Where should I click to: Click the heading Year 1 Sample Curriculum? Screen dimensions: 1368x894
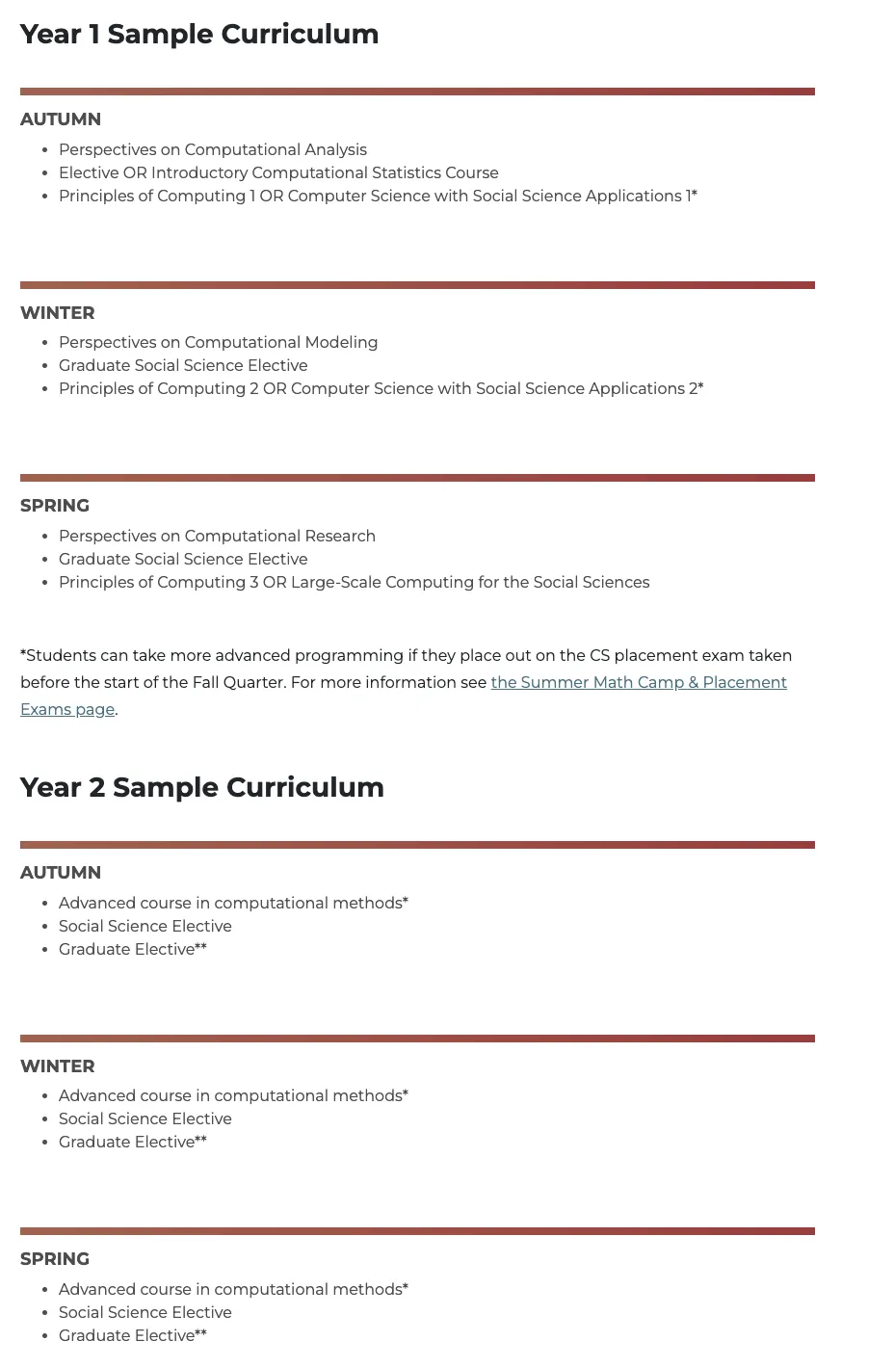point(199,34)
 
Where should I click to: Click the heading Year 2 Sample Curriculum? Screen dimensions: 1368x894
point(202,787)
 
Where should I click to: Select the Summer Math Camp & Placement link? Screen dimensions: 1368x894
point(639,682)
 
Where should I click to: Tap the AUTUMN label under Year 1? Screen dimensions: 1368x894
point(61,119)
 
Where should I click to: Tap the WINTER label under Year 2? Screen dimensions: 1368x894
point(58,1066)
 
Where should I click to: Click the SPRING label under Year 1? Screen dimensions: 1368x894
point(55,506)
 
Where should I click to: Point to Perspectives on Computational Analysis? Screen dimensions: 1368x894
point(213,149)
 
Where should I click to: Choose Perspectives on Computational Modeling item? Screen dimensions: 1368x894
point(218,342)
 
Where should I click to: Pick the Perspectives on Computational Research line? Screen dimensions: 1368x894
point(217,536)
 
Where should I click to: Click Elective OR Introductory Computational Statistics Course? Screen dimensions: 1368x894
point(278,172)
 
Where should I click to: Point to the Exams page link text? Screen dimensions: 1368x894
point(67,709)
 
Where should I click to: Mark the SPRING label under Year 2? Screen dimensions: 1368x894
point(55,1259)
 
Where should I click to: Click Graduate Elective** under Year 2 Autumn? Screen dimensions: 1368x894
point(133,949)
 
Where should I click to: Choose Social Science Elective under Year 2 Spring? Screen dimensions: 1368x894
point(145,1312)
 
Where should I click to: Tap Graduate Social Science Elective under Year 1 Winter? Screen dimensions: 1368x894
point(183,365)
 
